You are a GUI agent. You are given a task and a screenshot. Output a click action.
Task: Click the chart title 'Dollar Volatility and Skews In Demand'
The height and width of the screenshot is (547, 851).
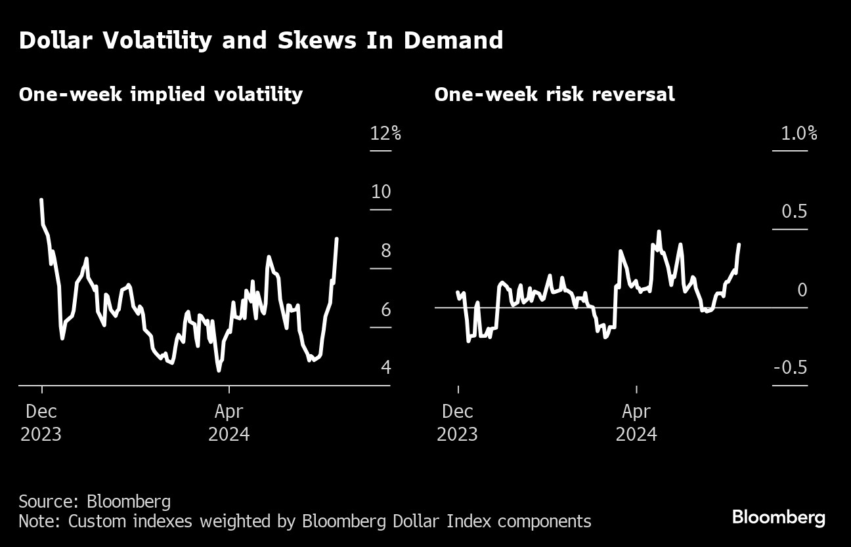click(261, 41)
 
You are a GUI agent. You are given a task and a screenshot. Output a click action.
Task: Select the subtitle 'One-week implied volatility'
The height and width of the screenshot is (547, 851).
click(161, 94)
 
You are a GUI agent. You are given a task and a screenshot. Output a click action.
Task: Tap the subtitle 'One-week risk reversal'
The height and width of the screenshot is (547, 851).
click(554, 94)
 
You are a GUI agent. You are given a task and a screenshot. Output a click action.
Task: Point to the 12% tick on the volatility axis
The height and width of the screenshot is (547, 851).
click(385, 134)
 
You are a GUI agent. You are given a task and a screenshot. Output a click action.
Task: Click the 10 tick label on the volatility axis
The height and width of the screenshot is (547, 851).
click(381, 192)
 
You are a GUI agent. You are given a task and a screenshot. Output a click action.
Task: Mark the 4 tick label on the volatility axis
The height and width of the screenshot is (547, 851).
click(385, 367)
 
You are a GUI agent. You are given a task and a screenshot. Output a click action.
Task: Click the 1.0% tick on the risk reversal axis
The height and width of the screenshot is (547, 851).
click(798, 134)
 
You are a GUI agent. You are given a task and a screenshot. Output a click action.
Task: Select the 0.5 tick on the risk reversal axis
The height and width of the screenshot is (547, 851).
click(794, 212)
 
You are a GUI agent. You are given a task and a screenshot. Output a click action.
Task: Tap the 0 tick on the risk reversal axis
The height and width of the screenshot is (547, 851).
click(802, 290)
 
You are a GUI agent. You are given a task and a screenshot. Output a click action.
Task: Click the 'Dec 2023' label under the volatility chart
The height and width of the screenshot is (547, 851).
click(41, 423)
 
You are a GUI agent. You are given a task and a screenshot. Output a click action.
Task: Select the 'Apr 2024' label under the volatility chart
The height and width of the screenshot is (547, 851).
click(229, 423)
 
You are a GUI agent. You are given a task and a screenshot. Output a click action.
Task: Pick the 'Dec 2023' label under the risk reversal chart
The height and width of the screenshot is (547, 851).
click(458, 423)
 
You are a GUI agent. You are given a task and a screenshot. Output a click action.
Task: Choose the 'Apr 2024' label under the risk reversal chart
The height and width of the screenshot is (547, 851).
click(636, 423)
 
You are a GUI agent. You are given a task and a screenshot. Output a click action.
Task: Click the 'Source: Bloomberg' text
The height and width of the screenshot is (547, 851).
click(95, 502)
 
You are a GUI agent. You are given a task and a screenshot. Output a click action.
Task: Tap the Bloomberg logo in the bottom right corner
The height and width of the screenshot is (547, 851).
click(778, 517)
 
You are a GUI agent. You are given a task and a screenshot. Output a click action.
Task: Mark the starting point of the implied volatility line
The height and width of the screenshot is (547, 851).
click(41, 199)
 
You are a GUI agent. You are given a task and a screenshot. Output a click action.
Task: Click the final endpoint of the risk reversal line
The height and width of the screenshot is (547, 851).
click(739, 244)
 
